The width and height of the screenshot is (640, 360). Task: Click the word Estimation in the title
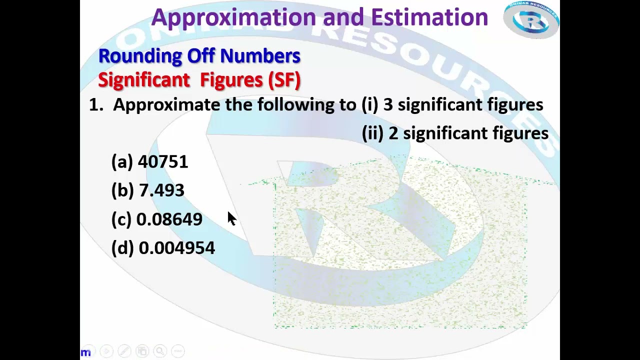pyautogui.click(x=429, y=17)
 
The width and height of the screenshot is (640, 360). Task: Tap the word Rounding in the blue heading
pyautogui.click(x=139, y=56)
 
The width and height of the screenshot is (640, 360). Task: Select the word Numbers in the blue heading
pyautogui.click(x=260, y=56)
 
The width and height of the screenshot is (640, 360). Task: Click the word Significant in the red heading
pyautogui.click(x=143, y=80)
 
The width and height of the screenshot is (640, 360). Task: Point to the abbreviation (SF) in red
pyautogui.click(x=284, y=80)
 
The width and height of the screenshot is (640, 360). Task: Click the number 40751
pyautogui.click(x=163, y=162)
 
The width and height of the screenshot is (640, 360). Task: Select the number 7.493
pyautogui.click(x=161, y=190)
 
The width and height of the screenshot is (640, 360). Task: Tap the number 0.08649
pyautogui.click(x=169, y=219)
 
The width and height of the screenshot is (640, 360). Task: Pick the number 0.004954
pyautogui.click(x=176, y=248)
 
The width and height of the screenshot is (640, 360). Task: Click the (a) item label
pyautogui.click(x=122, y=162)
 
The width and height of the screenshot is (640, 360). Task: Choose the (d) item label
pyautogui.click(x=122, y=248)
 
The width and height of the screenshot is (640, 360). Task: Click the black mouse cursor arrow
pyautogui.click(x=231, y=218)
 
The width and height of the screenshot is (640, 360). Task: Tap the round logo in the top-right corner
pyautogui.click(x=531, y=20)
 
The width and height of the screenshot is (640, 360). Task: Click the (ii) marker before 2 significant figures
pyautogui.click(x=372, y=133)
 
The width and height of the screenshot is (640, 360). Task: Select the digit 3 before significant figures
pyautogui.click(x=388, y=105)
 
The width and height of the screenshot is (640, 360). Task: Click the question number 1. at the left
pyautogui.click(x=95, y=105)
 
